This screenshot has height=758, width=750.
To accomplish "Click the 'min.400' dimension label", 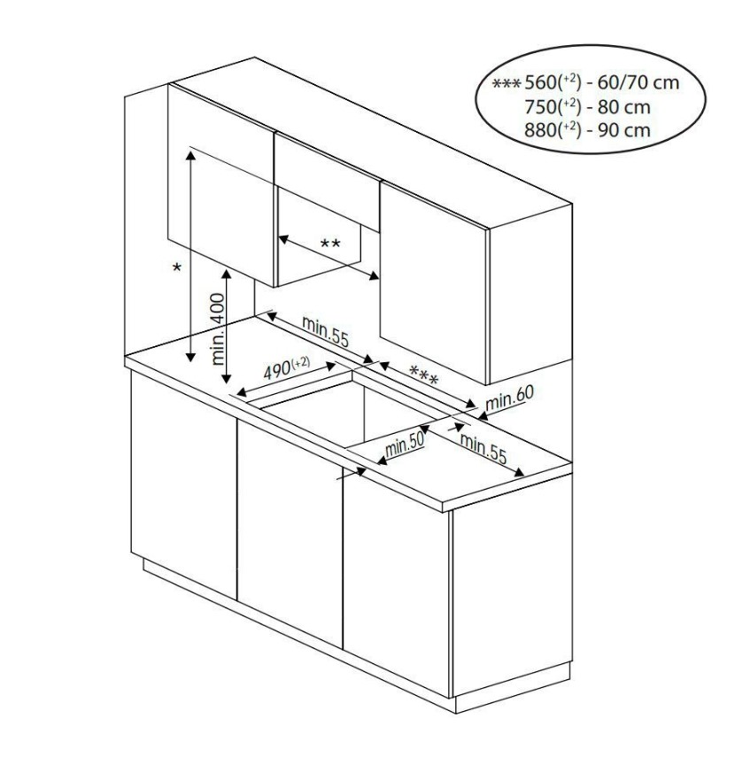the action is pos(219,329).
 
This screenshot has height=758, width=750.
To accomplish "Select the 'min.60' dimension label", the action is pos(510,398).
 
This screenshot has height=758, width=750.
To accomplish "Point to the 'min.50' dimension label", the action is pos(405,445).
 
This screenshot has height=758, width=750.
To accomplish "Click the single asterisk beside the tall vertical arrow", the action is pos(177,267).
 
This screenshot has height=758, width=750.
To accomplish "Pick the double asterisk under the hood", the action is pos(330,244).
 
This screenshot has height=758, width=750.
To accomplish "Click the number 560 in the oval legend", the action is pos(541,83).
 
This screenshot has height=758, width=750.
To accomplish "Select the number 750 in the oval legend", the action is pos(541,107).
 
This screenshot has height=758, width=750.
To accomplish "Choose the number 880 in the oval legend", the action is pos(541,130).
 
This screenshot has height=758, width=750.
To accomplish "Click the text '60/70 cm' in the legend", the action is pos(638,83).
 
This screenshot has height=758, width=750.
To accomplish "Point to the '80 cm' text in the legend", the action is pos(624,107).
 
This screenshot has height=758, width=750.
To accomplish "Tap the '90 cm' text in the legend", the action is pos(624,130).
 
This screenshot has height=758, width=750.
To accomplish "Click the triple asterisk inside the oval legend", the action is pos(506,84).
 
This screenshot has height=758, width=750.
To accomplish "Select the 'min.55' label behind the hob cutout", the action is pos(325,331).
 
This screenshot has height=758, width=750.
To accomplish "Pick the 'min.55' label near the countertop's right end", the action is pos(483,448).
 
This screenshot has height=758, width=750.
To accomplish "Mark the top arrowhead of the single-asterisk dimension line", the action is pos(191,155).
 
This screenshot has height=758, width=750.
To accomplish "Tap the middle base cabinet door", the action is pos(290,533).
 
